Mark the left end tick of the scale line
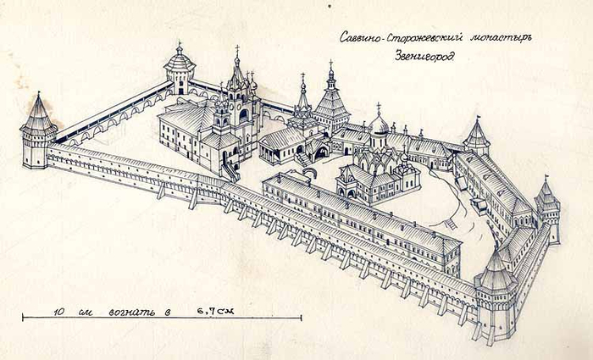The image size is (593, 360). tap(22, 318)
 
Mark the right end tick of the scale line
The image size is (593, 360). tap(301, 318)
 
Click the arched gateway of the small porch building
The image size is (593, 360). tap(320, 152)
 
